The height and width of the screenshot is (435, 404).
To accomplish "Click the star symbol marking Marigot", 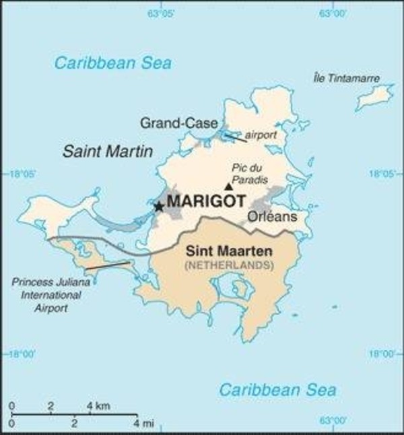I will [158, 207].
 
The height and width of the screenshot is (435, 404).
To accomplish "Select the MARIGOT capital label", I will [205, 201].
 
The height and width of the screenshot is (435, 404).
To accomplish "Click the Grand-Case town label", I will [178, 123].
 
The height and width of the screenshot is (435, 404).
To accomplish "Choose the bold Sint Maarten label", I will [229, 252].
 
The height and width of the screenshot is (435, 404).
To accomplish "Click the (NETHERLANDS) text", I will [229, 265].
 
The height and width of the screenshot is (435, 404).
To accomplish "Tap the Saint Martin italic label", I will [108, 151].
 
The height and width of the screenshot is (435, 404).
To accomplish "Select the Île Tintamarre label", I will [346, 79].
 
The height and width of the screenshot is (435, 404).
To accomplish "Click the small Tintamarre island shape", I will [374, 97].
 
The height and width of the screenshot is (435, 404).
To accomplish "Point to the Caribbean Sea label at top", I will [113, 63].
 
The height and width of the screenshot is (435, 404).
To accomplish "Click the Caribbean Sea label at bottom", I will [278, 389].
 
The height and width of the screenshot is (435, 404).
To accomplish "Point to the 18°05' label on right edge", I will [382, 174].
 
